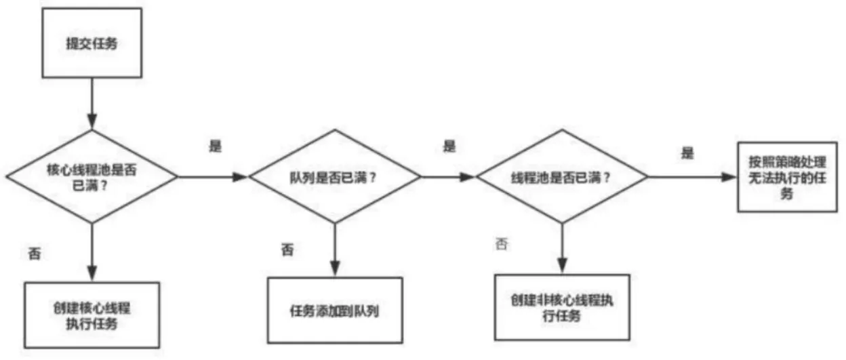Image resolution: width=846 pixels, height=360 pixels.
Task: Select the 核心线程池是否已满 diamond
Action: coord(93,176)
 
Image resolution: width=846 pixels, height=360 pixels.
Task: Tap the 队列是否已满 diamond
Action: coord(335,176)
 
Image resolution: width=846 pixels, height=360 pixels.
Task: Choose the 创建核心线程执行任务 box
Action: coord(92,315)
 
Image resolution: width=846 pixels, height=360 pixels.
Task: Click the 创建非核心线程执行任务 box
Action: coord(562,306)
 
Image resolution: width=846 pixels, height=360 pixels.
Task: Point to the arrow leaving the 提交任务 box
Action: coord(93,102)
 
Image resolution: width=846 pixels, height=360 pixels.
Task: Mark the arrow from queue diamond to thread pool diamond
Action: coord(447,176)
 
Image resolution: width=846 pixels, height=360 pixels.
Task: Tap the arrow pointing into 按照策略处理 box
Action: coord(691,176)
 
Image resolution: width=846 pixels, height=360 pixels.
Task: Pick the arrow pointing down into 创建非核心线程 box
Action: coord(562,248)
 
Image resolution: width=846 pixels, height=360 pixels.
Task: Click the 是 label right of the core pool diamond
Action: coord(216,146)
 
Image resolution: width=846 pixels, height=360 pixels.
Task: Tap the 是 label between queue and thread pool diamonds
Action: coord(449,146)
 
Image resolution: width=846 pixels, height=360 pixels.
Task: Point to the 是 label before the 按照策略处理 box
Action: coord(687,153)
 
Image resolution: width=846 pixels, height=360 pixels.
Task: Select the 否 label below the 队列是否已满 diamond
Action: coord(287,249)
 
